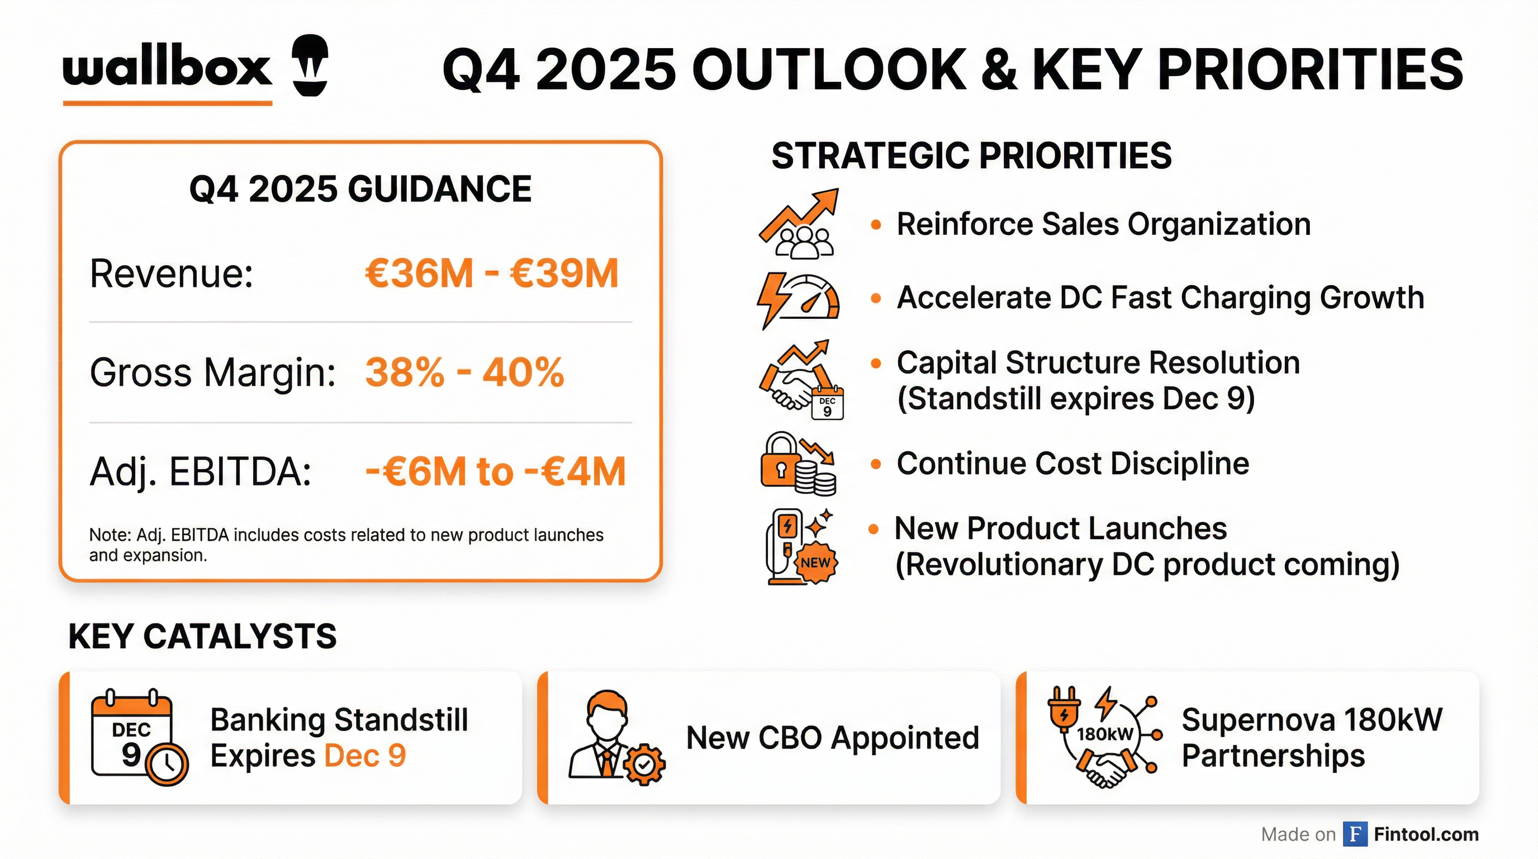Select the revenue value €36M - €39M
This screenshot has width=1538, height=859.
click(x=491, y=273)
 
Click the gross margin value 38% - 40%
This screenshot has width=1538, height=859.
click(x=464, y=372)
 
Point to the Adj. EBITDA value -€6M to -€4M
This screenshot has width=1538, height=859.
click(x=495, y=471)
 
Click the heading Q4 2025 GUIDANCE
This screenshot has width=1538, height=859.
click(x=360, y=190)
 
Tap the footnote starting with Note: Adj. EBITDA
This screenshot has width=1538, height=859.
click(x=346, y=544)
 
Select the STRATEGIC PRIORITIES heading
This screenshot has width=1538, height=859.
click(x=971, y=156)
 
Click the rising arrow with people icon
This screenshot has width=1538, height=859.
click(x=799, y=224)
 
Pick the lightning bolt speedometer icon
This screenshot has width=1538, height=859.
click(x=798, y=299)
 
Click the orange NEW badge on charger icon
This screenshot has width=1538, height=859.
click(x=815, y=562)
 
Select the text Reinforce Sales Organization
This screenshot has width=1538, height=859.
click(x=1103, y=225)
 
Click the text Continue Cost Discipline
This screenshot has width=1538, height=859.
click(x=1072, y=464)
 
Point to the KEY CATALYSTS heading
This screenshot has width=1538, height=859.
click(x=202, y=636)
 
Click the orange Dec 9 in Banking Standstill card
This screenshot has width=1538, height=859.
click(x=365, y=756)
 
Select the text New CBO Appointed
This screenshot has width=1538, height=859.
click(x=832, y=738)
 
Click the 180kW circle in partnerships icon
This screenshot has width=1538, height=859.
click(x=1104, y=734)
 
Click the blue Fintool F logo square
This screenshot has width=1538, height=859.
click(x=1355, y=834)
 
